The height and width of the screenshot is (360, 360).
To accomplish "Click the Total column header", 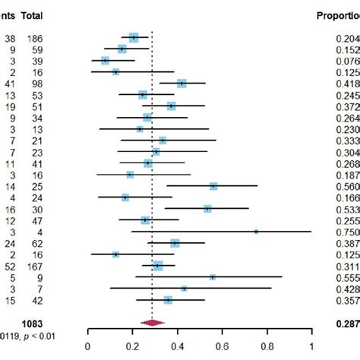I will (x=33, y=15).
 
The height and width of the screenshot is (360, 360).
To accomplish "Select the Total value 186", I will (x=33, y=36).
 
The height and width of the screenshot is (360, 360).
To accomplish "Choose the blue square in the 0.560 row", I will (x=213, y=186).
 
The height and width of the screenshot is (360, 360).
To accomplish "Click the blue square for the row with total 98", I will (x=182, y=83).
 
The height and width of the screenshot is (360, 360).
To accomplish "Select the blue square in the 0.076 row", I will (x=105, y=60).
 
